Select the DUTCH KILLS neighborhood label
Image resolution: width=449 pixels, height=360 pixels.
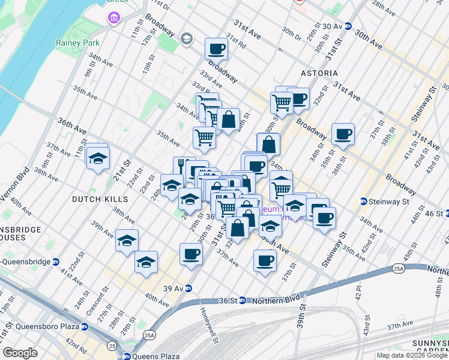100,199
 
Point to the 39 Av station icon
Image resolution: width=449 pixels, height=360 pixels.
188,288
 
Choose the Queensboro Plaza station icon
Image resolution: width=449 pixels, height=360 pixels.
85,328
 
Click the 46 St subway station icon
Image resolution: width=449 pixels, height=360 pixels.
447,213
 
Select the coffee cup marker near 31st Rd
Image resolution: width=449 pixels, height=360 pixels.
216,49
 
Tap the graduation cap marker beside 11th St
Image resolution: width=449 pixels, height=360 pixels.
96,158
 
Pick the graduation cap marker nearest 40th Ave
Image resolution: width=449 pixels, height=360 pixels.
146,262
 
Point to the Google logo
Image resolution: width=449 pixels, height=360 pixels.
20,353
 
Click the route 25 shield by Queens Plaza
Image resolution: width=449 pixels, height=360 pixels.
112,346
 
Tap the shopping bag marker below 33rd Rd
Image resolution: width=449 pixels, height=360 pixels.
229,119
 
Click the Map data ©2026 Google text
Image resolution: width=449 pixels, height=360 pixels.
411,355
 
